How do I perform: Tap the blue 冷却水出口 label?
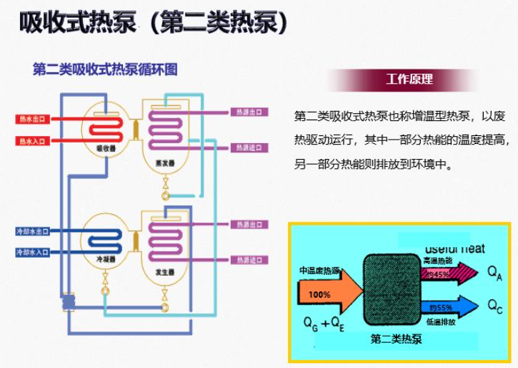[x=33, y=231]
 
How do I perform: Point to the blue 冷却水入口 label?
[x=33, y=252]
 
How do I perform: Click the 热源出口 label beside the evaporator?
[x=250, y=112]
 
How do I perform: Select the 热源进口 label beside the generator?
[x=250, y=259]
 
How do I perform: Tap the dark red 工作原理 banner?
[x=409, y=79]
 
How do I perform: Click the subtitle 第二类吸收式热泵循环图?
[x=105, y=69]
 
